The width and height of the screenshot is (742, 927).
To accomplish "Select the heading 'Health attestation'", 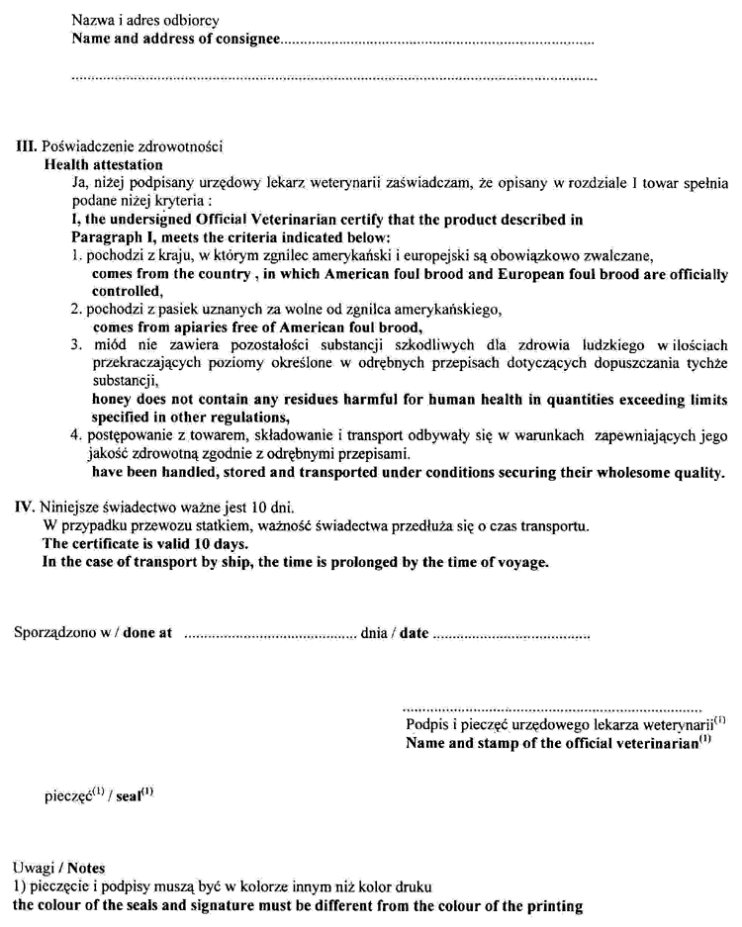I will coord(104,164).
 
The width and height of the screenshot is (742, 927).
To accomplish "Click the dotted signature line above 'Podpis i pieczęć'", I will coord(553,710).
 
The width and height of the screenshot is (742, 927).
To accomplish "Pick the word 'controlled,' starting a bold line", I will coord(127,292).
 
